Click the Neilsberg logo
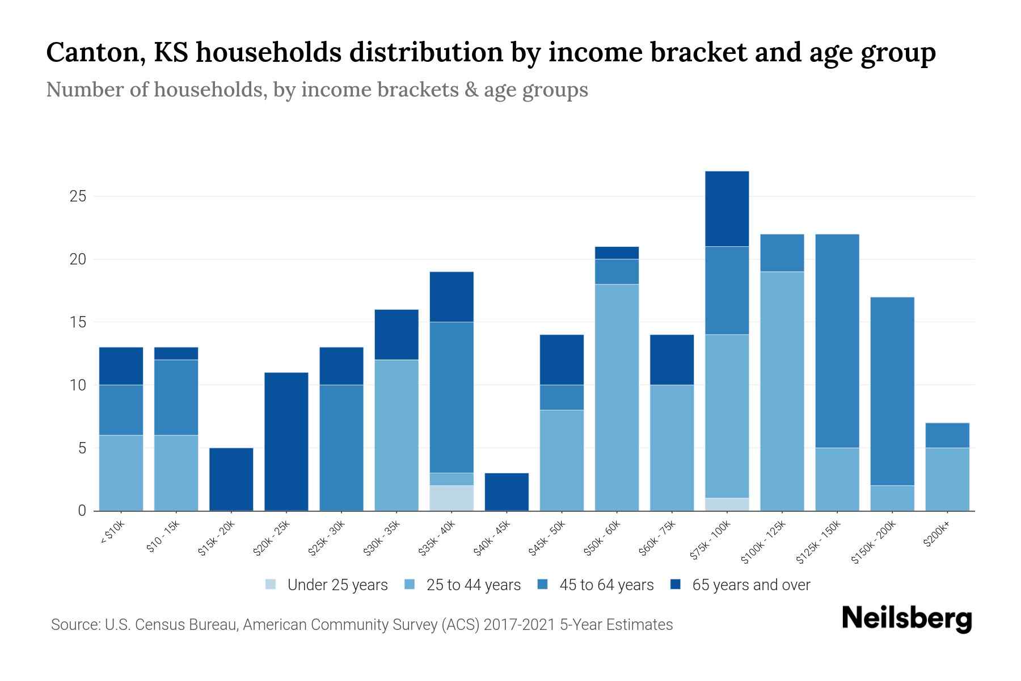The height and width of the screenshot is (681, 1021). pos(906,619)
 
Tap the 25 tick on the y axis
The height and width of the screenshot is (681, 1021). pos(78,197)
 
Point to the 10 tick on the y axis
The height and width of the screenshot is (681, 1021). pos(78,385)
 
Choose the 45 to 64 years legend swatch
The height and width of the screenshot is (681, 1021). pos(542,585)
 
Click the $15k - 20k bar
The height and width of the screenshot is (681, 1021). pos(231,480)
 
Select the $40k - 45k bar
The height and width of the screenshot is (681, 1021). pos(507,492)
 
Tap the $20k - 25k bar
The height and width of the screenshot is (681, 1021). pos(286,442)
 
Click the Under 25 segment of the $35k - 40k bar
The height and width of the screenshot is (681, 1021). pos(452,498)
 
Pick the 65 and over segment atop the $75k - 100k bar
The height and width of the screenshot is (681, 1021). pos(727,209)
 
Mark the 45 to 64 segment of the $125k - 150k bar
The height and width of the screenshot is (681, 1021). pos(837,341)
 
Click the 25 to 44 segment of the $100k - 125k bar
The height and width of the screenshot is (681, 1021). pos(782,391)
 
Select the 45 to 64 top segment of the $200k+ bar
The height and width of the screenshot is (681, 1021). pos(947,435)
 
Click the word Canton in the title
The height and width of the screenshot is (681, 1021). pos(90,52)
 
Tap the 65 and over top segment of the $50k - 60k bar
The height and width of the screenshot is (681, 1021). pos(617,253)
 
